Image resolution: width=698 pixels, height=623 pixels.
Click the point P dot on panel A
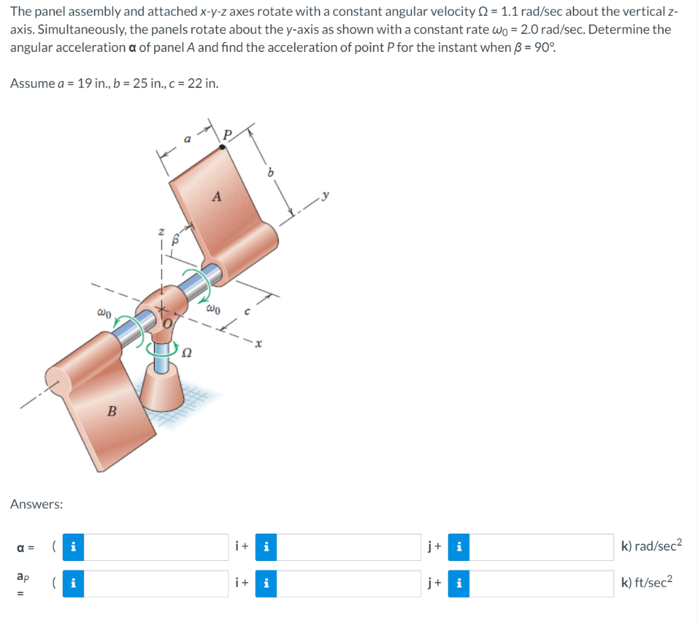click(x=223, y=146)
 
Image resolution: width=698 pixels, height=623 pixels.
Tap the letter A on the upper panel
click(x=217, y=197)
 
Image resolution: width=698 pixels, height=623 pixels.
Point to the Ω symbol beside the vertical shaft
click(x=185, y=352)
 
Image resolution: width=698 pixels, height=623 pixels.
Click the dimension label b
click(x=271, y=173)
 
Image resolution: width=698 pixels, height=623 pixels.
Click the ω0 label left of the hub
click(x=104, y=313)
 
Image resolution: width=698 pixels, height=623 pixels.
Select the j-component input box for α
click(x=349, y=547)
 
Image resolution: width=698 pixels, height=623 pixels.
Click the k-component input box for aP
click(x=542, y=583)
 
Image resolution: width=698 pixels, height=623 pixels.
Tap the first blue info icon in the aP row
click(x=73, y=583)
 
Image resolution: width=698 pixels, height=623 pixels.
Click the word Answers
click(x=37, y=504)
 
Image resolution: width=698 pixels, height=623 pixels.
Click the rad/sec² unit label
click(x=651, y=547)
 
